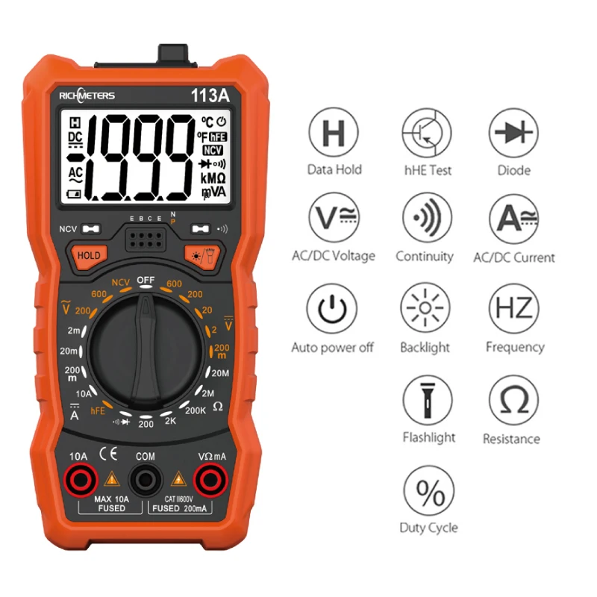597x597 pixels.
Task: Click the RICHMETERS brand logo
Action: (87, 95)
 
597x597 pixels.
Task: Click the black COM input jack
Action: (145, 478)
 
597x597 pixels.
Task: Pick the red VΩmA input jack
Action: (210, 478)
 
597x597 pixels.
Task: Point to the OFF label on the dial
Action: (146, 280)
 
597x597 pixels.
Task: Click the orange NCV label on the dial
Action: (120, 283)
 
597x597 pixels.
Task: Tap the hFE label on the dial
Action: (98, 410)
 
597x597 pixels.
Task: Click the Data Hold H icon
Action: (334, 133)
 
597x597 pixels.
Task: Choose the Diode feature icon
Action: (513, 133)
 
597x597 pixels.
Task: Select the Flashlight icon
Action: (428, 399)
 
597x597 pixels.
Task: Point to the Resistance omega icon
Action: (513, 401)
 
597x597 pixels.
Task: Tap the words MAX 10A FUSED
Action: (112, 504)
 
